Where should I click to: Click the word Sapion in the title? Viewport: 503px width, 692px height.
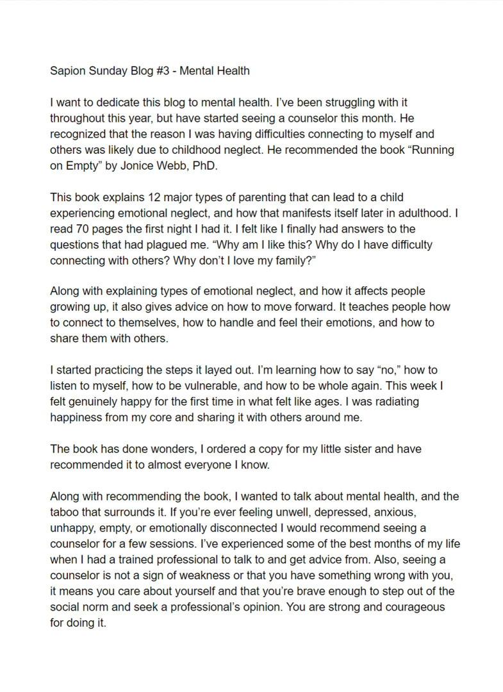tap(69, 70)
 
